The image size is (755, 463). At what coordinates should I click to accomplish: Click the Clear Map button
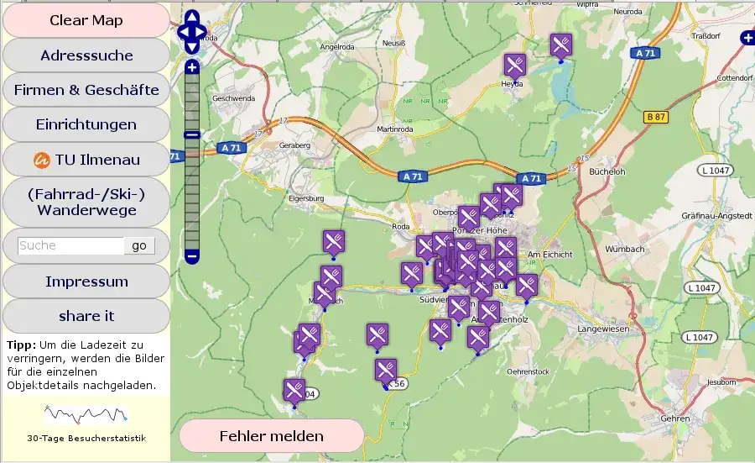[86, 20]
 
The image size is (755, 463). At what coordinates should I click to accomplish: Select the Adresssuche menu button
[86, 55]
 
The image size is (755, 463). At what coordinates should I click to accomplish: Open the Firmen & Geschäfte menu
[86, 90]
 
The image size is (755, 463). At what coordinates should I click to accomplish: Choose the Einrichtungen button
[86, 124]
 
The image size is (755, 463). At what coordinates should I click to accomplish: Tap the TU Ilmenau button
[86, 159]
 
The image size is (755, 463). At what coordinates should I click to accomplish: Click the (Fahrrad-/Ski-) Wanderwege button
[86, 202]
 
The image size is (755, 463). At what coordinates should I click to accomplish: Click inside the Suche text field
[70, 245]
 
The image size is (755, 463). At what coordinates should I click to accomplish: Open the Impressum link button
[86, 281]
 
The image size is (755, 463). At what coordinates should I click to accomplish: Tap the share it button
[86, 316]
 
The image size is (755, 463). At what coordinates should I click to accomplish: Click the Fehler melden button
[271, 436]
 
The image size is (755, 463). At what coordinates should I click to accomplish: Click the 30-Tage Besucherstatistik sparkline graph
[86, 414]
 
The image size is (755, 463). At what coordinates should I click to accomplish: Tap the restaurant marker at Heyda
[514, 64]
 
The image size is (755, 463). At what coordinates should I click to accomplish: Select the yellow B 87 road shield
[655, 118]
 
